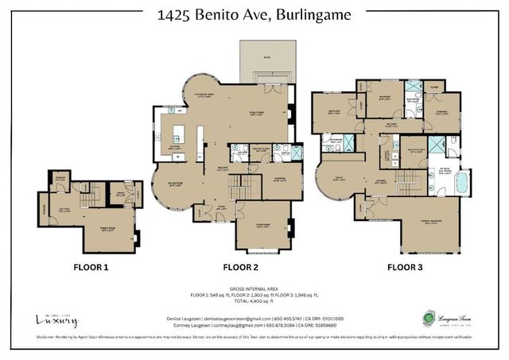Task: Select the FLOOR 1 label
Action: coord(91,268)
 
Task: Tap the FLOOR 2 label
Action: coord(241,268)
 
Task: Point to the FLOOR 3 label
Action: coord(404,268)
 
